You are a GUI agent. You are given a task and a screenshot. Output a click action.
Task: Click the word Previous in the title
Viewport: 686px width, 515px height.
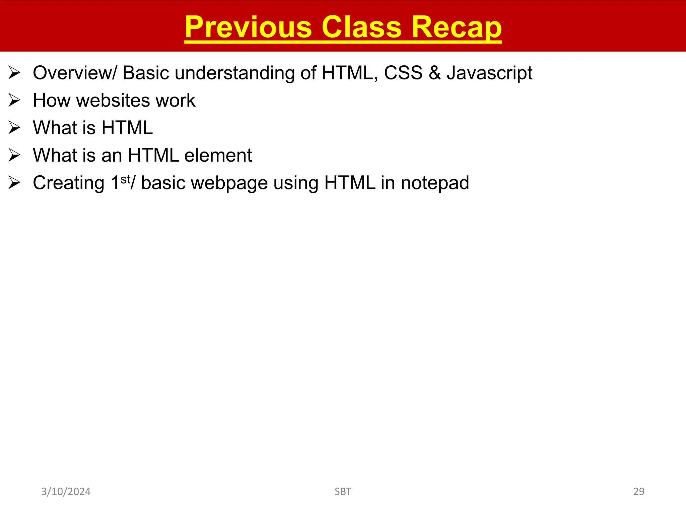[x=248, y=27]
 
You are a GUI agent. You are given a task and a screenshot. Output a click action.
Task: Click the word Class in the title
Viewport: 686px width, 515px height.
[x=361, y=27]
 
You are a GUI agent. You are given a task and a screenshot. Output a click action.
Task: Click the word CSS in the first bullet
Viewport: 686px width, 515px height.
[x=403, y=73]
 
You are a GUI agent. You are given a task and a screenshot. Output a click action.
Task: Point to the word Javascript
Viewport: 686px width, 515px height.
[x=489, y=73]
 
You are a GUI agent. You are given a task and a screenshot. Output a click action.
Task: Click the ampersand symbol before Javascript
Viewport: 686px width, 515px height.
[x=434, y=73]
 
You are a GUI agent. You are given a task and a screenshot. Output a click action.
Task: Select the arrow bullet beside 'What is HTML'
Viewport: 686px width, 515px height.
[x=14, y=128]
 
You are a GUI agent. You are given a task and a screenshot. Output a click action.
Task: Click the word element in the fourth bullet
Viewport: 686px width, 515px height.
[x=218, y=156]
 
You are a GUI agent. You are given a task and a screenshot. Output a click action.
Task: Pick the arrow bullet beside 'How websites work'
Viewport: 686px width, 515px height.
[x=14, y=101]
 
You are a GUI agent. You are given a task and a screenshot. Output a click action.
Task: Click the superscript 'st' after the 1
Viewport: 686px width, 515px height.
[x=125, y=179]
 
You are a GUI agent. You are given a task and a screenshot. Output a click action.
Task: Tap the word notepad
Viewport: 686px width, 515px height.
[x=434, y=183]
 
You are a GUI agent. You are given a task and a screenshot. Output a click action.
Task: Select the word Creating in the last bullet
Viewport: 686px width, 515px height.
[x=69, y=183]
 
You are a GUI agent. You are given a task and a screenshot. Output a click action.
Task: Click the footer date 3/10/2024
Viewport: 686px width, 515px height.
[x=66, y=492]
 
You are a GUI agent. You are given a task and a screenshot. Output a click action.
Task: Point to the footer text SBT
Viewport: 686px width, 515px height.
[x=343, y=492]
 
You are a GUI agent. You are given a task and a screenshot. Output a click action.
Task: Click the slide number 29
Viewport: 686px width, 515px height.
[x=638, y=492]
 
